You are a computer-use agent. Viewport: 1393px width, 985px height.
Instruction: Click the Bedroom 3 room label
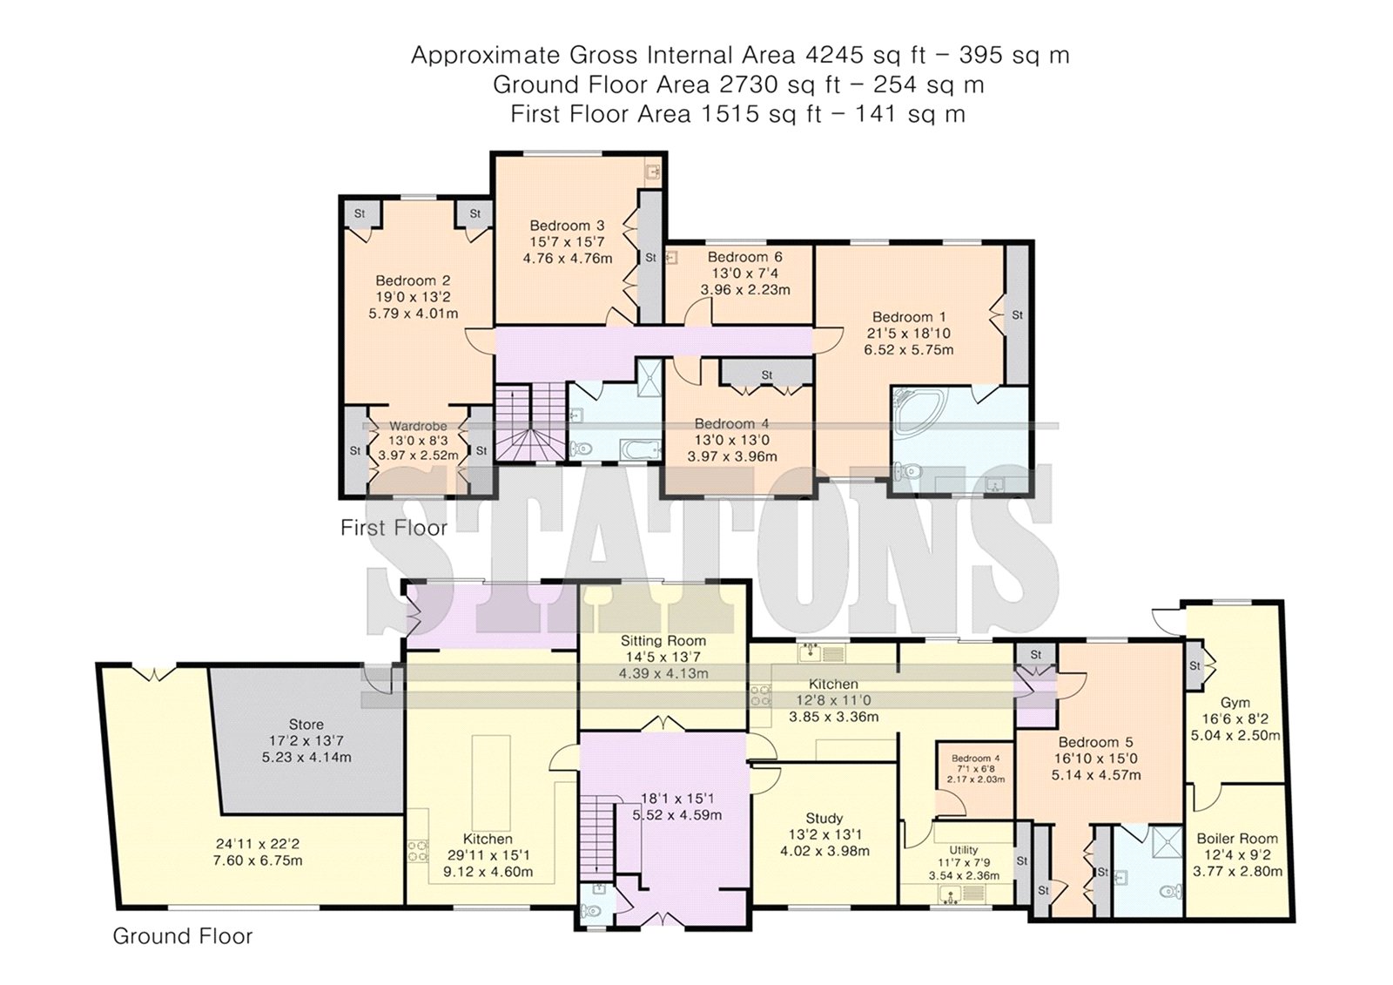click(x=567, y=226)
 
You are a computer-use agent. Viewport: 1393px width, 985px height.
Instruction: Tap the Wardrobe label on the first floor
click(x=418, y=426)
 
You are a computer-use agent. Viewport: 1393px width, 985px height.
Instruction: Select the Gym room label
click(x=1235, y=703)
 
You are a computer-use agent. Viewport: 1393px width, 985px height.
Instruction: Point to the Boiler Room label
click(x=1237, y=838)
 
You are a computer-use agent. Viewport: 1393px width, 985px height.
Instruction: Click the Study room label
click(x=824, y=819)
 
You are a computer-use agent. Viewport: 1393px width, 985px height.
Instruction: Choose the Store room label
click(x=306, y=725)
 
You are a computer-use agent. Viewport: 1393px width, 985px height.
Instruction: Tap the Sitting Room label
click(x=663, y=641)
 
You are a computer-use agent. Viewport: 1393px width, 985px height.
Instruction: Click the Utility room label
click(x=963, y=850)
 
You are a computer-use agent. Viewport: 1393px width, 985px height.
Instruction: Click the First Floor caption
click(x=394, y=529)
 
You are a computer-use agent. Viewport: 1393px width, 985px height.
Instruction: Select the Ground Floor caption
click(x=183, y=936)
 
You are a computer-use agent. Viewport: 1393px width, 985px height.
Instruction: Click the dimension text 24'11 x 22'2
click(x=258, y=845)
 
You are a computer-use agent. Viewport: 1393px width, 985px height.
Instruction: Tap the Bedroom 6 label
click(x=744, y=257)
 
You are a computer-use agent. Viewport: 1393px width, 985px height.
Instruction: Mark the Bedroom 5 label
click(x=1096, y=742)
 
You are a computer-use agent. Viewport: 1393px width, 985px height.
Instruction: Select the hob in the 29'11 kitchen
click(x=419, y=851)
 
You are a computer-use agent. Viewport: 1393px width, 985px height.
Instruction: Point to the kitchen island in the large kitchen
click(x=491, y=780)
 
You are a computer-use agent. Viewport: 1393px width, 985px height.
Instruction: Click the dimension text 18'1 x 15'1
click(x=677, y=799)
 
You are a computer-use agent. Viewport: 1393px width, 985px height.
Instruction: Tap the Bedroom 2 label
click(x=413, y=280)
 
